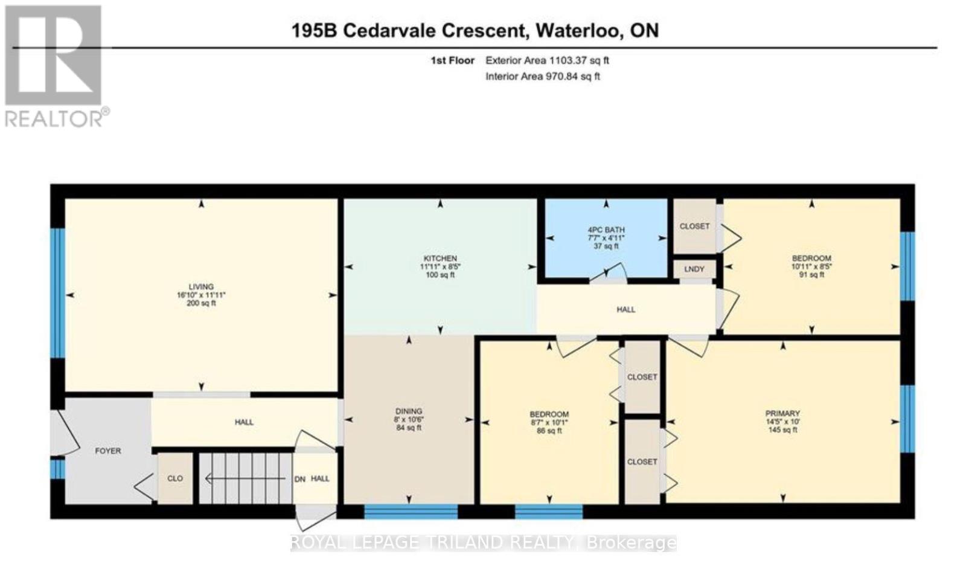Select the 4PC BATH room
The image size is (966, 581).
(606, 238)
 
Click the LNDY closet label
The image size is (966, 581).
(694, 269)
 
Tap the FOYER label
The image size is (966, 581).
(108, 451)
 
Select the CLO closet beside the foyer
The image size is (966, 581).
(175, 478)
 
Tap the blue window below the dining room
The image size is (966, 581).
(411, 512)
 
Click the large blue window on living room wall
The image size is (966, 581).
(57, 293)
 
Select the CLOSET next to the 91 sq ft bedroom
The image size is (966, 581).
(694, 226)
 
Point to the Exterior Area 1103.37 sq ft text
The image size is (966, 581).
(547, 60)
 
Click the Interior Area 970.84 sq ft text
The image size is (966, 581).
(542, 77)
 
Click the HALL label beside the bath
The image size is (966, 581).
(625, 309)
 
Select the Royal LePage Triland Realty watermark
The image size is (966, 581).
(483, 543)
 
